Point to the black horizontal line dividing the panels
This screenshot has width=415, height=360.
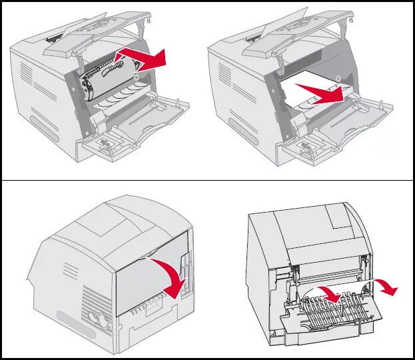[207, 180]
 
